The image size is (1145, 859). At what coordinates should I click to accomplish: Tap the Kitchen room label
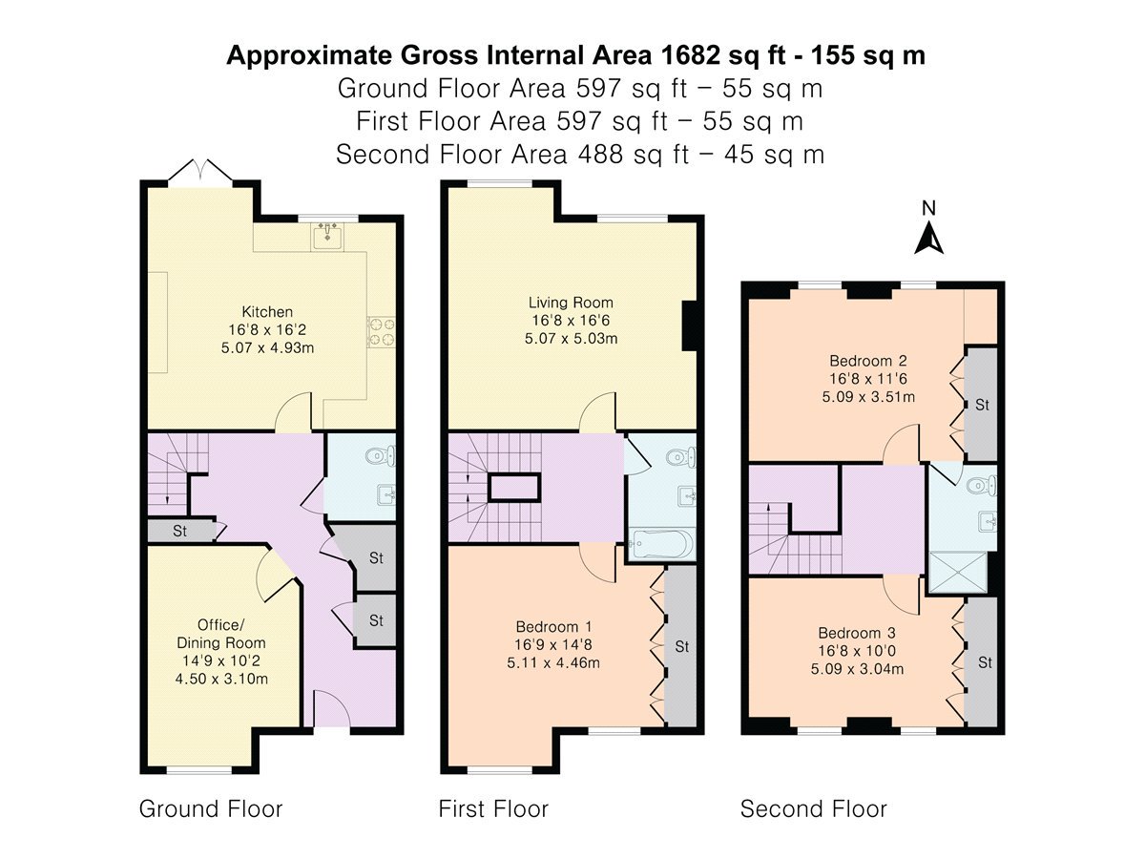(x=267, y=312)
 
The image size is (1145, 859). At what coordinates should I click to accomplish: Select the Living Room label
(x=571, y=303)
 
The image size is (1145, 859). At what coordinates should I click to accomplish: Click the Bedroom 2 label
(x=868, y=361)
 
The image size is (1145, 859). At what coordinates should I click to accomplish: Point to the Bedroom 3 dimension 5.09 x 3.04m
(x=857, y=669)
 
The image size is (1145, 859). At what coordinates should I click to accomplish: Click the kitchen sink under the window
(x=327, y=236)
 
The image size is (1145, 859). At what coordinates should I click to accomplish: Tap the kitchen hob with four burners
(x=381, y=332)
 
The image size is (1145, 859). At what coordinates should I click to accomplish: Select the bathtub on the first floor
(x=661, y=544)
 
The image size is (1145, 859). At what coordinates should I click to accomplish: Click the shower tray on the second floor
(x=958, y=572)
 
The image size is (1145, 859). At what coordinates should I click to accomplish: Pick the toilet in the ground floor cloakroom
(x=381, y=456)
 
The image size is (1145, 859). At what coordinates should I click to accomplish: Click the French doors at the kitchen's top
(x=200, y=172)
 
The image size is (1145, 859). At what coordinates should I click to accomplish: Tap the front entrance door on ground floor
(x=331, y=708)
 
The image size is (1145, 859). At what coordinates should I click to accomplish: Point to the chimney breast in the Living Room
(x=690, y=326)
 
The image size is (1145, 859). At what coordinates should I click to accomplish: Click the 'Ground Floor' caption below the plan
(x=211, y=809)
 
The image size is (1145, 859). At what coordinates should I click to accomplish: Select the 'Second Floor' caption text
(x=813, y=809)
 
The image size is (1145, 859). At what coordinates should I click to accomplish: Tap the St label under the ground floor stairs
(x=180, y=531)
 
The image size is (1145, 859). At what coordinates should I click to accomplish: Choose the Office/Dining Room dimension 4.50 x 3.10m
(x=221, y=679)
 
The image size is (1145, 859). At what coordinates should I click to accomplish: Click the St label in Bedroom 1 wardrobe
(x=682, y=647)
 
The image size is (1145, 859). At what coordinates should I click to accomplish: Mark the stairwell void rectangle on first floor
(x=513, y=488)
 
